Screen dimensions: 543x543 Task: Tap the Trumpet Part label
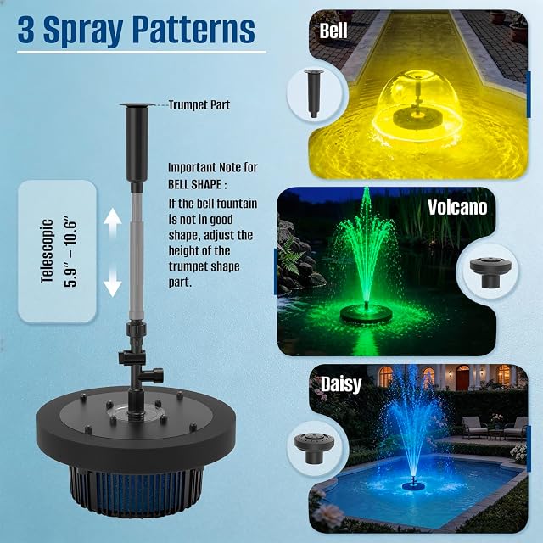[199, 105]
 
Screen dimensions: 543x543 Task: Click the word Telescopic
[48, 251]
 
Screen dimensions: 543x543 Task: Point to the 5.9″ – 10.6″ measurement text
[70, 251]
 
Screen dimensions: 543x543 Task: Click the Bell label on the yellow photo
[333, 31]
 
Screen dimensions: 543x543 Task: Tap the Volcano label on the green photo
[457, 207]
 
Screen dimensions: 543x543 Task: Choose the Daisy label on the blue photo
[341, 384]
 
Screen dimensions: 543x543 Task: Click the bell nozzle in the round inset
[314, 92]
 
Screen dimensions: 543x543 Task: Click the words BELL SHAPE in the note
[194, 185]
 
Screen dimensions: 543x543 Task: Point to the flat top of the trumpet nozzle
[137, 104]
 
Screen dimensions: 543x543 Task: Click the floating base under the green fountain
[367, 314]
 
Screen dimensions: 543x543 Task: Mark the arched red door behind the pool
[462, 378]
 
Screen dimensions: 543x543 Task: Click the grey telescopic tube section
[137, 256]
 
